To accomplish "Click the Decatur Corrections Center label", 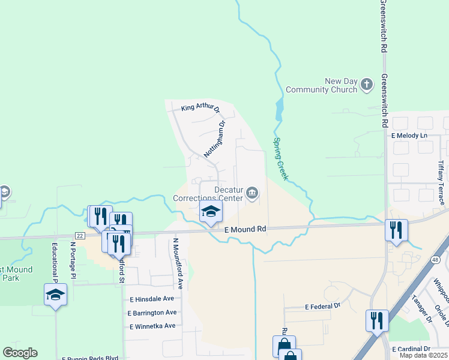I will pyautogui.click(x=208, y=194).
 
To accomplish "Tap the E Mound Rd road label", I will pyautogui.click(x=245, y=229).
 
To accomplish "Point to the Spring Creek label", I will pyautogui.click(x=281, y=159).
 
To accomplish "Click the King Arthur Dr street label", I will pyautogui.click(x=200, y=109).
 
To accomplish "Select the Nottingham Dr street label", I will pyautogui.click(x=214, y=139).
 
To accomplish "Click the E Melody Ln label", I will pyautogui.click(x=409, y=136).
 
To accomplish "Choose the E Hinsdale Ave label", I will pyautogui.click(x=151, y=299).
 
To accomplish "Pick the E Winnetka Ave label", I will pyautogui.click(x=152, y=326).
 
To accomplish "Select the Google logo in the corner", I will pyautogui.click(x=20, y=353).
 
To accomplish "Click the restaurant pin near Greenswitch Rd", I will pyautogui.click(x=396, y=230).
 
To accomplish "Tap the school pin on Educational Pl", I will pyautogui.click(x=55, y=294).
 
